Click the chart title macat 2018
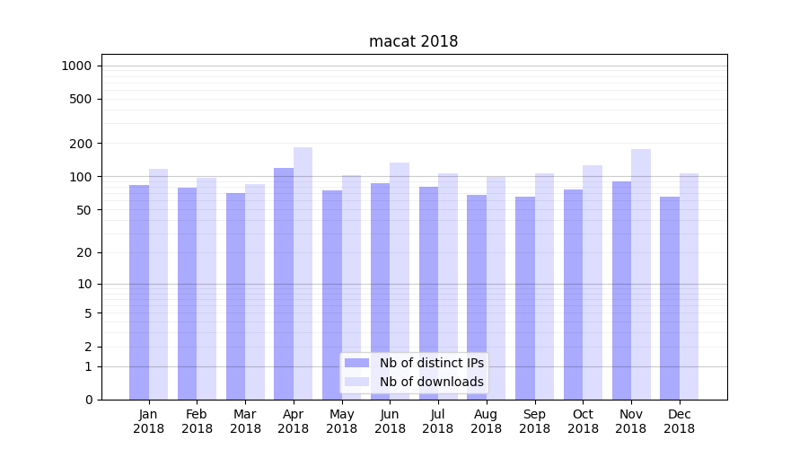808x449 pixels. point(413,42)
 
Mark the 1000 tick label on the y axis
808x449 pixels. point(76,66)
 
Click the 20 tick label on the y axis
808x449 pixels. point(85,252)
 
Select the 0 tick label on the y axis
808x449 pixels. point(89,400)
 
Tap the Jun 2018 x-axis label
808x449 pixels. point(390,421)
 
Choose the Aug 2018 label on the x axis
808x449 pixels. point(486,421)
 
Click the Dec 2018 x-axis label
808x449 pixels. point(679,421)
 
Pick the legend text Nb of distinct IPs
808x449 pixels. point(431,363)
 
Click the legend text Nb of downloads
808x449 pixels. point(431,382)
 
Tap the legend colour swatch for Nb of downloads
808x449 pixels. point(356,382)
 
